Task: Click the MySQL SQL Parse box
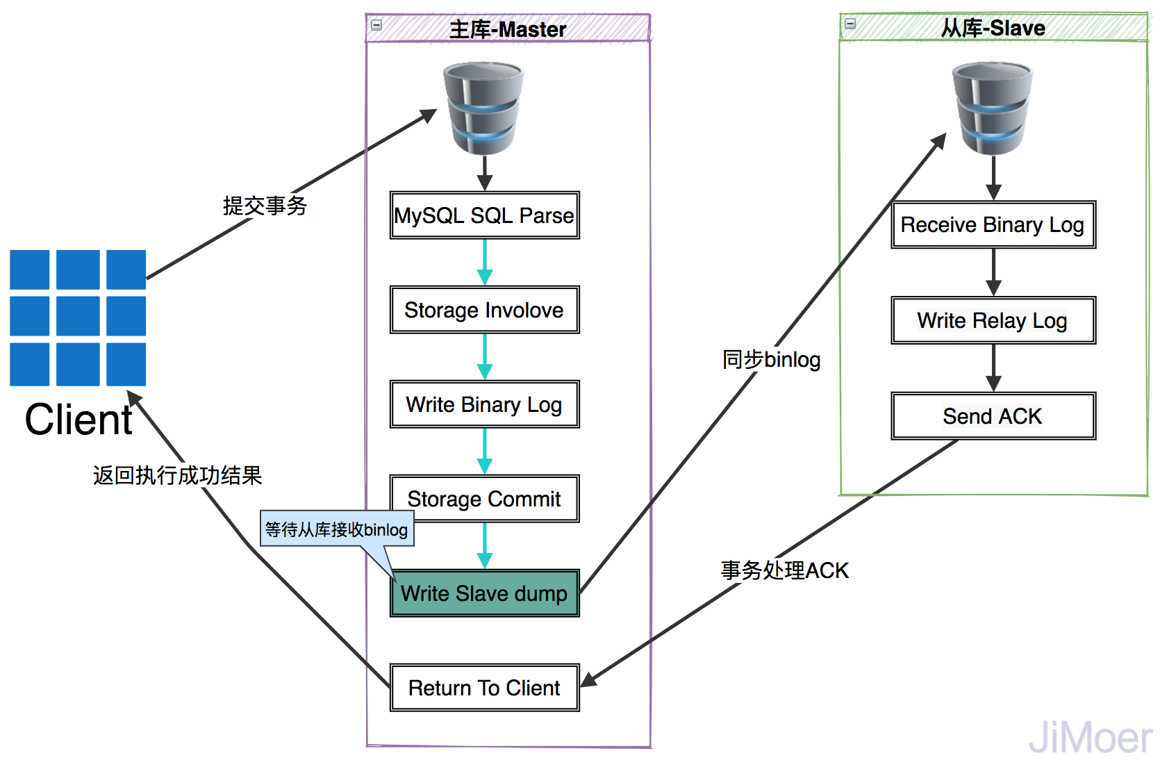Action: click(484, 215)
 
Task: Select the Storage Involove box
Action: click(484, 310)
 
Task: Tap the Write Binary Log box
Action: click(484, 404)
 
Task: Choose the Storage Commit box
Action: click(484, 498)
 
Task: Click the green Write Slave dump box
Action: click(484, 593)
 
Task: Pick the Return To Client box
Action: click(484, 688)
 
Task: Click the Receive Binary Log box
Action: click(993, 224)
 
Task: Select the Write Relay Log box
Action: click(993, 320)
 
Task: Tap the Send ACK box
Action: click(993, 416)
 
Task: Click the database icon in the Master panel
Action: click(483, 108)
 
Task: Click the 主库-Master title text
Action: click(508, 29)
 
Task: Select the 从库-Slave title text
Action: click(993, 28)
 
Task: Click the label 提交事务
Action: click(265, 206)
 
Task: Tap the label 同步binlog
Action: click(771, 359)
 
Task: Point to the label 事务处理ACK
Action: click(784, 570)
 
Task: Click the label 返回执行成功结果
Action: click(177, 475)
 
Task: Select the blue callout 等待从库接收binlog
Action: click(337, 529)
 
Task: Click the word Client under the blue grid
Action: click(78, 420)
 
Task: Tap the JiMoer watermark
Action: click(1090, 737)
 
